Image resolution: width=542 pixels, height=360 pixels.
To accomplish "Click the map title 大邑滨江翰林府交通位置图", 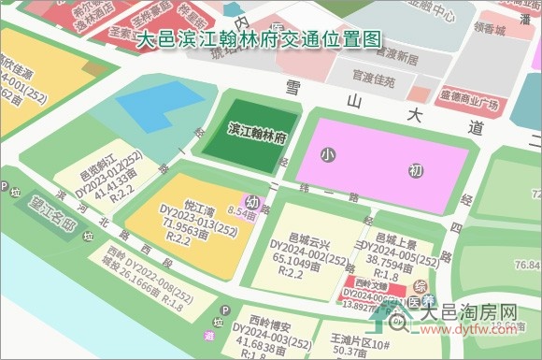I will coord(259,40).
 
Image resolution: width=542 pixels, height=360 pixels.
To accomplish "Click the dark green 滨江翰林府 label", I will coord(257,131).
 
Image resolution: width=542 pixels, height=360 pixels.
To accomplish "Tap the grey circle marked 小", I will coord(326,153).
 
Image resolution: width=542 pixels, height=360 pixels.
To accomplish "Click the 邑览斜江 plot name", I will coord(97,175).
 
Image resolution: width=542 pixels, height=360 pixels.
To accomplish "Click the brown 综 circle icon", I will coord(421,285).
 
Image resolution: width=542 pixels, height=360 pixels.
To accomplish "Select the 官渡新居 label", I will coord(392,57).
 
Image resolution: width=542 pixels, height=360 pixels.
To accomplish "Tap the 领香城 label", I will coord(488,31).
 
